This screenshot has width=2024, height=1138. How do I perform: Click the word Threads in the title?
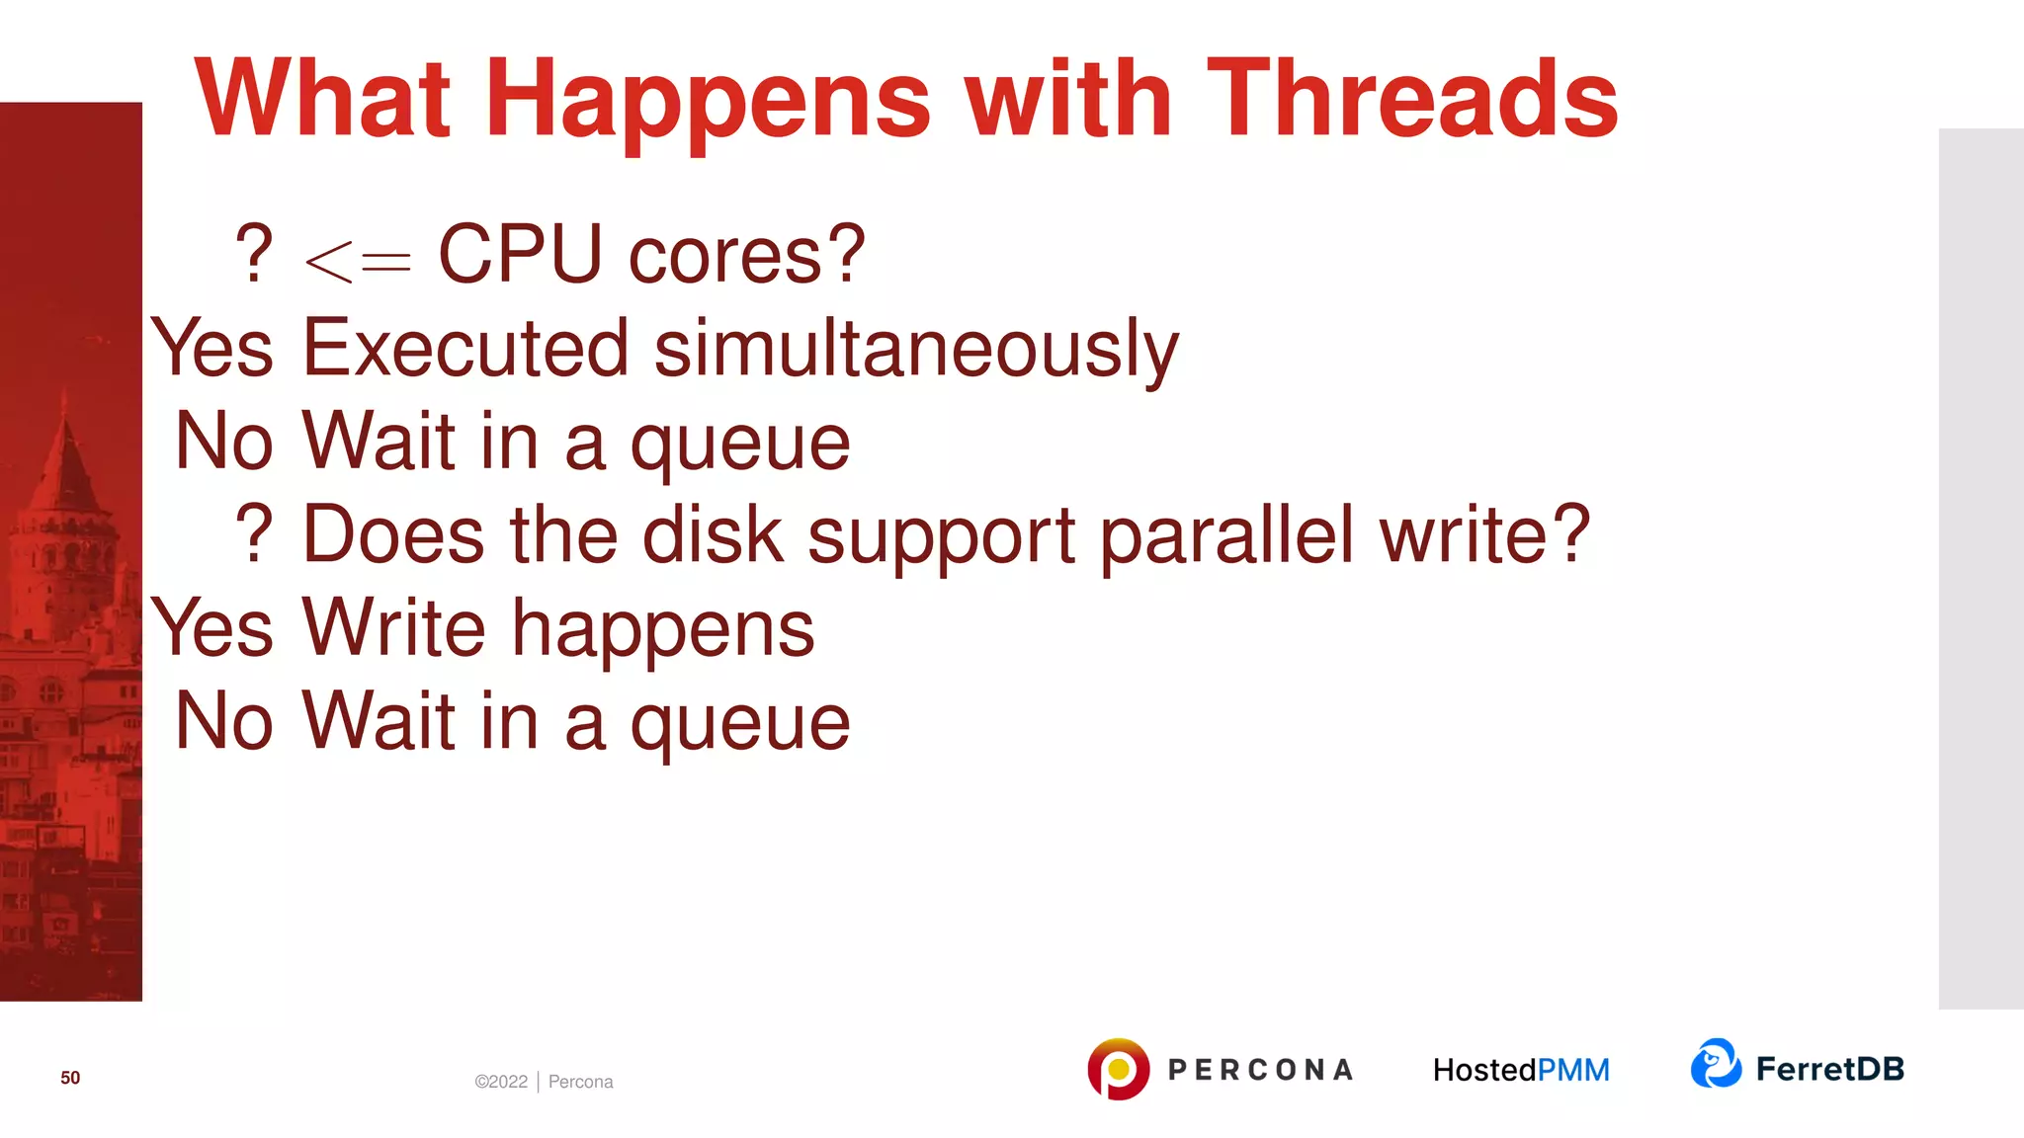[x=1411, y=99]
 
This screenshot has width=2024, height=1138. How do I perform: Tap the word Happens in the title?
[x=708, y=101]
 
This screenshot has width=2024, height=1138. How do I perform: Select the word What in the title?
[x=322, y=99]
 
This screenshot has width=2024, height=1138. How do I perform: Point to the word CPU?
[x=520, y=255]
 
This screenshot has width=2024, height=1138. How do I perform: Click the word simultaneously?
[x=916, y=350]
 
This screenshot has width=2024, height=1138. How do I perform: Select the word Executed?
[x=465, y=348]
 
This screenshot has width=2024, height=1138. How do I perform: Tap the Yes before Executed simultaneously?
[x=212, y=348]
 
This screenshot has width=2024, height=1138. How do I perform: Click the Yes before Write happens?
[x=212, y=628]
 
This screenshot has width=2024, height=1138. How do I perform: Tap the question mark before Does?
[x=254, y=534]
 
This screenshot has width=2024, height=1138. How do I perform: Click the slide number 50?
[x=70, y=1078]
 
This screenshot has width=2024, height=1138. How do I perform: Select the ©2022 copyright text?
[x=501, y=1082]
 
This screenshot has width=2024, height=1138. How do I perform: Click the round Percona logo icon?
[x=1118, y=1069]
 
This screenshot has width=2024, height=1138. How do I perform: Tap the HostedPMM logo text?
[x=1521, y=1070]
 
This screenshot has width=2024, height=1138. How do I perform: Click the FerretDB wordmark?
[x=1829, y=1069]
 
